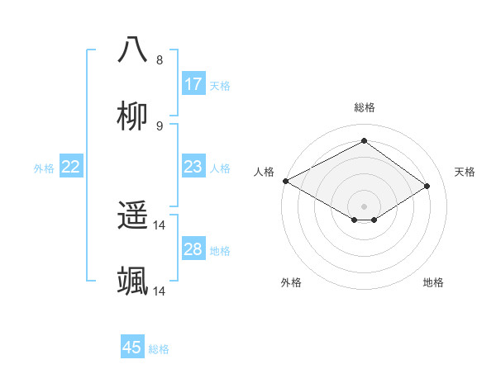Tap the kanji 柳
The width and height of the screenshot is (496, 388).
click(132, 115)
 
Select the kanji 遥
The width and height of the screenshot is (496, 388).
click(132, 216)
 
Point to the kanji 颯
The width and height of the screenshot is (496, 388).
click(132, 282)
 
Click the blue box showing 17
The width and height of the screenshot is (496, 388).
click(193, 84)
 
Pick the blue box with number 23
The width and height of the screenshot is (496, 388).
click(193, 167)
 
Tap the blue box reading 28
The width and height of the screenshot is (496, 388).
click(193, 249)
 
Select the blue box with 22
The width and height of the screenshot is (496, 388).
click(70, 167)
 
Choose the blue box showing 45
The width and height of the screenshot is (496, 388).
click(132, 348)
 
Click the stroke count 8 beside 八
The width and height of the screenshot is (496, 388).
click(160, 60)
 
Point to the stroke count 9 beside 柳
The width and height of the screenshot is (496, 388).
click(160, 126)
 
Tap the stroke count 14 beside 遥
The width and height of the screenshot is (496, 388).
click(160, 225)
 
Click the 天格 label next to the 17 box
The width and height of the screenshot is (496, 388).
click(219, 86)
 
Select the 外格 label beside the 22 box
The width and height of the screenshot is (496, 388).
click(44, 168)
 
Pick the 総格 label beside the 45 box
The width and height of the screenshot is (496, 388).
click(159, 349)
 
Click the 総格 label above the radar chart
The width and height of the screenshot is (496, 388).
click(364, 107)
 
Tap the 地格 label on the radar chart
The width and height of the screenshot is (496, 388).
click(433, 282)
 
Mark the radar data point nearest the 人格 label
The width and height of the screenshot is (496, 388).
click(285, 181)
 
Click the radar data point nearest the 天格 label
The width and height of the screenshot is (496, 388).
click(427, 187)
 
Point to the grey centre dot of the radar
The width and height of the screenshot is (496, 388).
click(364, 206)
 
